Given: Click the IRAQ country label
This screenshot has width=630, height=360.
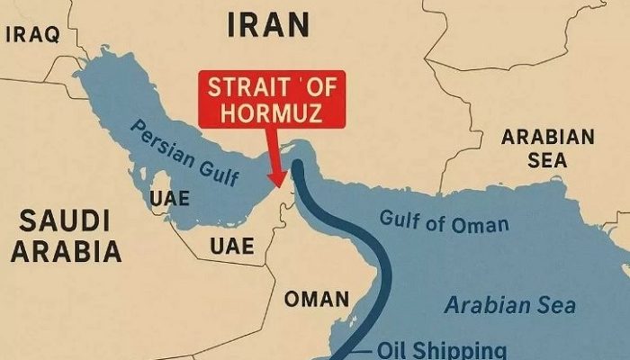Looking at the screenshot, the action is click(32, 34).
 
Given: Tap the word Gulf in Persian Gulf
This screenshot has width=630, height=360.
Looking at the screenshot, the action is click(216, 169).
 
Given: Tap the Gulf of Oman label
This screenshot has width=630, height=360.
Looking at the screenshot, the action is click(444, 220).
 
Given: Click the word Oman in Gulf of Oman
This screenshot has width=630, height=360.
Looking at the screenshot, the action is click(481, 223).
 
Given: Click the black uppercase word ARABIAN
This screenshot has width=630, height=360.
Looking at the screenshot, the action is click(548, 138).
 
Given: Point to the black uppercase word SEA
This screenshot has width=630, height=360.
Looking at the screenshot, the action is click(548, 160).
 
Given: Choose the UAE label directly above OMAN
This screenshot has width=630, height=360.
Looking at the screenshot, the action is click(231, 245).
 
